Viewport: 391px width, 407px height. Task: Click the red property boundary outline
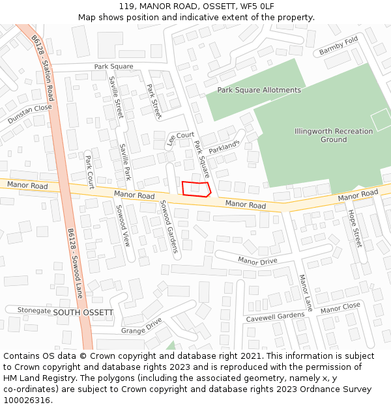(x=196, y=189)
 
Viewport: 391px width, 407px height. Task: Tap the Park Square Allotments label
(x=259, y=90)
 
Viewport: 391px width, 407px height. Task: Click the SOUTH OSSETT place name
(x=83, y=313)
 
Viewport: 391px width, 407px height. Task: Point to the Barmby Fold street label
(x=338, y=46)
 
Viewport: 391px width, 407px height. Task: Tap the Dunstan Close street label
(x=29, y=115)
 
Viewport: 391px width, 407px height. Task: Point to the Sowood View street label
(x=123, y=225)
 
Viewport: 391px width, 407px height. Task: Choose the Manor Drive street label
(x=257, y=261)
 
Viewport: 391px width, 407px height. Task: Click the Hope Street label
(x=355, y=228)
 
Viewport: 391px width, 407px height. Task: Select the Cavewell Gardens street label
(x=275, y=317)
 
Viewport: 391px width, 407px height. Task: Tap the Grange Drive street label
(x=141, y=326)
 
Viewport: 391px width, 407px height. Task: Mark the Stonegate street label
(x=34, y=311)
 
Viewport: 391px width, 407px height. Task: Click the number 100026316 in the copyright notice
(x=27, y=400)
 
